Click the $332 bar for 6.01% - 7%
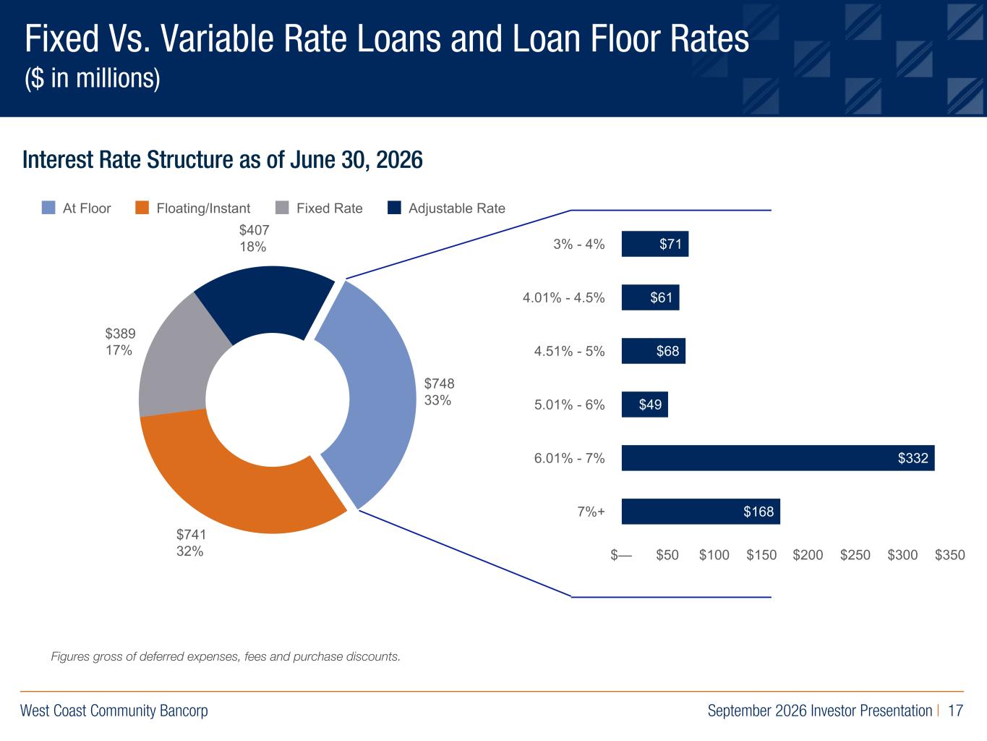(x=778, y=458)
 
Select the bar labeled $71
(x=655, y=244)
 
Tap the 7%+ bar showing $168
(x=701, y=512)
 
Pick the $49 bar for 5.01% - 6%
(x=645, y=405)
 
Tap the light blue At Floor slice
(x=377, y=396)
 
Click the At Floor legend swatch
(x=48, y=208)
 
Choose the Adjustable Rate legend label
(x=457, y=208)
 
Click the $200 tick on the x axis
(x=808, y=555)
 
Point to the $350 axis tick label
(x=950, y=555)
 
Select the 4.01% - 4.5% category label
(x=563, y=298)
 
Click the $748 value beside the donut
(x=440, y=384)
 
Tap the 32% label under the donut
(x=189, y=551)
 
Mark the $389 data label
(x=120, y=334)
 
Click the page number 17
(x=955, y=711)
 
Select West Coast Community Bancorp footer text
(x=114, y=711)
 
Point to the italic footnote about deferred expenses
(x=226, y=656)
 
